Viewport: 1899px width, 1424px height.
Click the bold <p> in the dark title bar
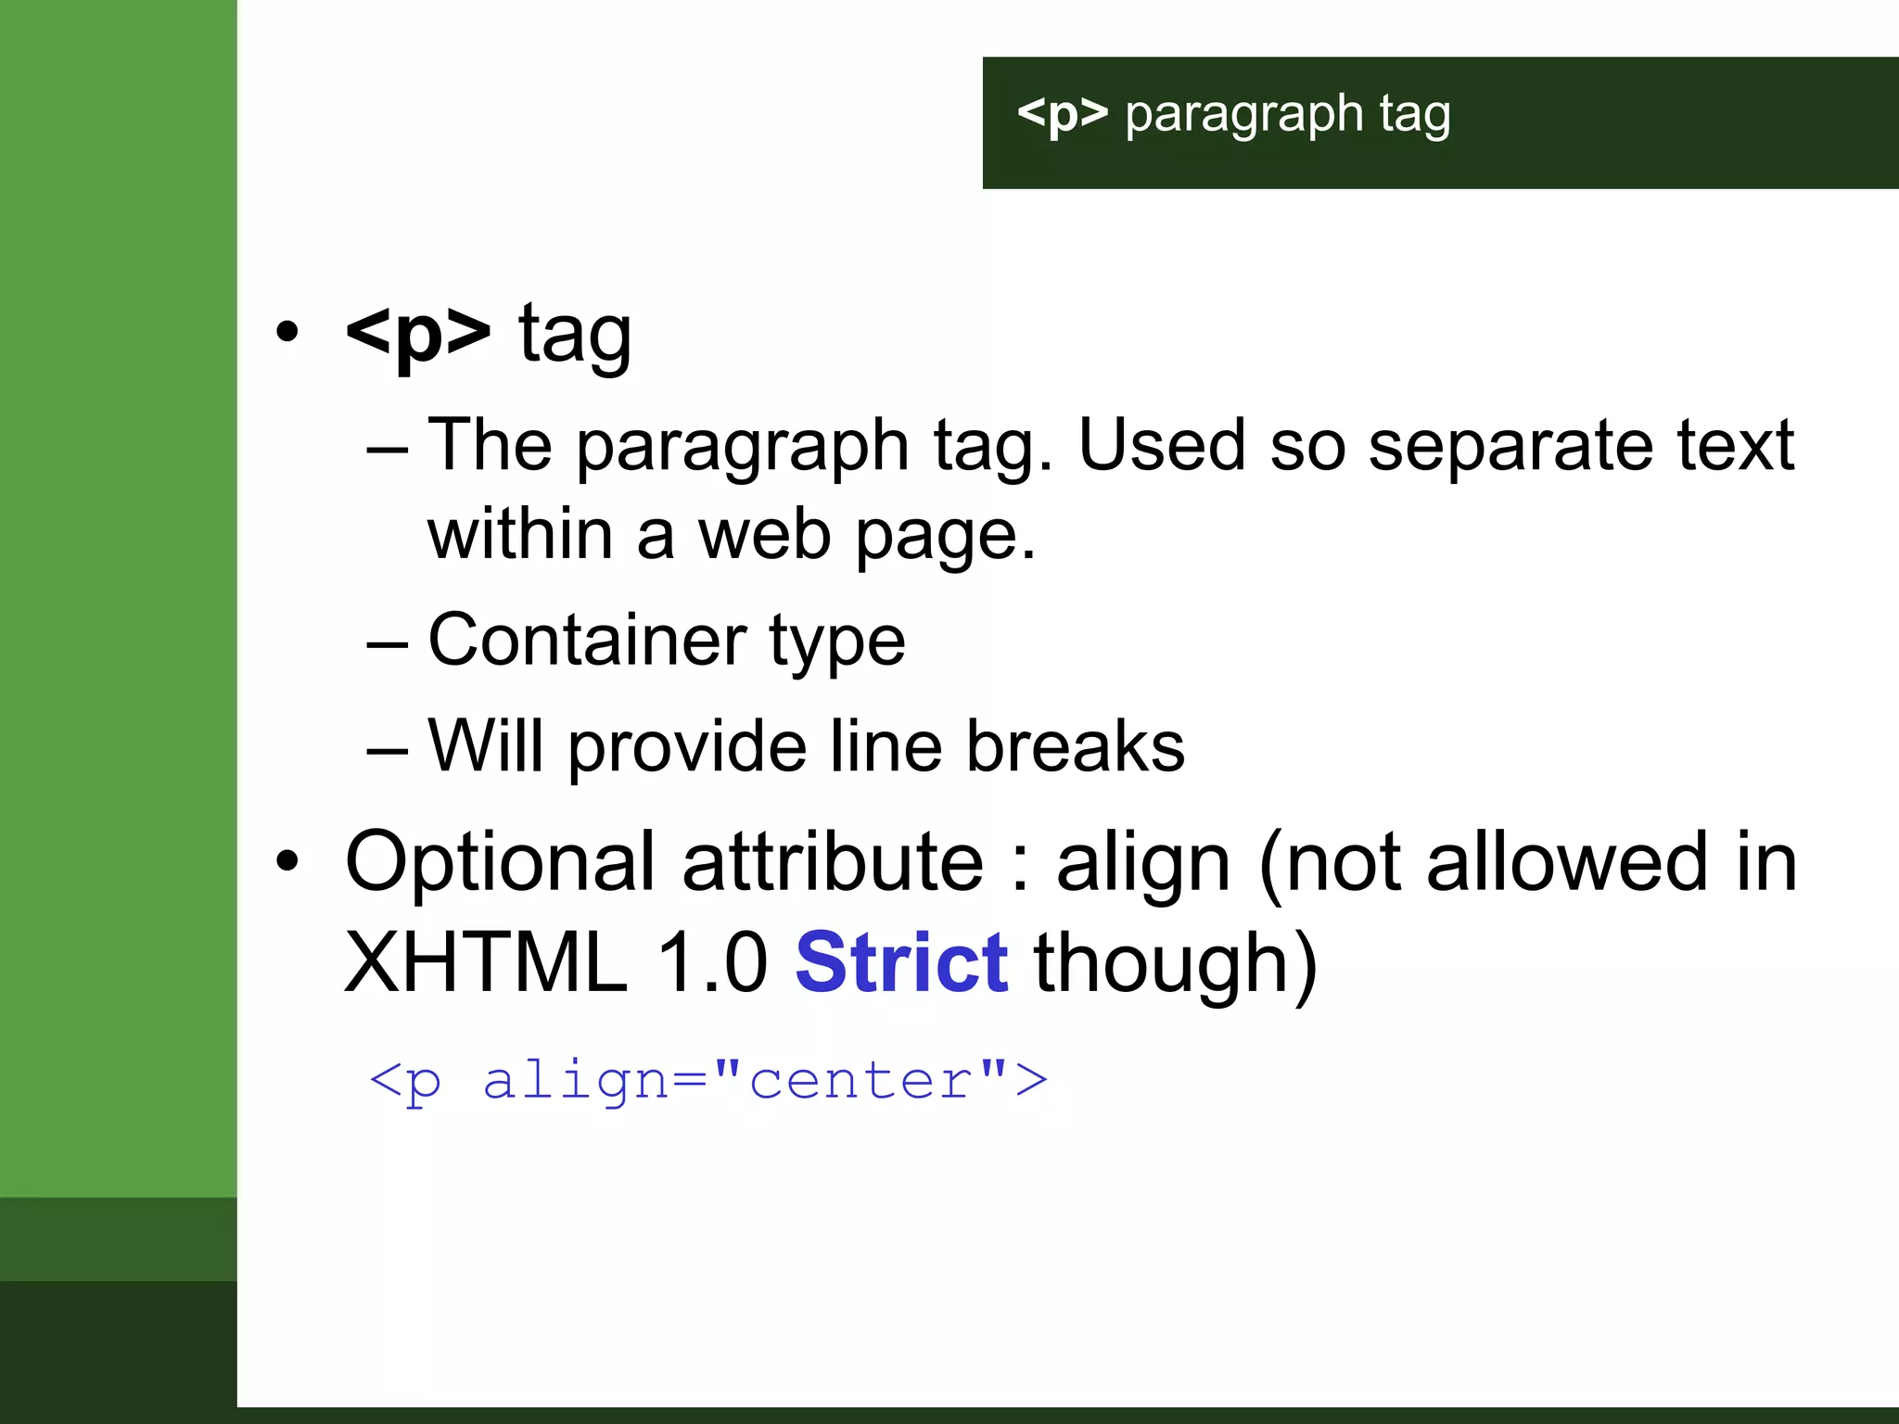point(1063,115)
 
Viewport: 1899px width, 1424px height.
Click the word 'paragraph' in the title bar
point(1243,115)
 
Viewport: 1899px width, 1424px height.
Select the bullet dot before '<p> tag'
point(287,332)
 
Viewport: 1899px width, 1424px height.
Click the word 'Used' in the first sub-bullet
point(1161,446)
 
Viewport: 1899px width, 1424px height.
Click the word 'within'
point(520,535)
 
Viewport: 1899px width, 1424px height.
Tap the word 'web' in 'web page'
point(764,535)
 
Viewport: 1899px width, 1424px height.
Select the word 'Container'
point(587,641)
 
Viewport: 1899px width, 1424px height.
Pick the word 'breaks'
point(1075,747)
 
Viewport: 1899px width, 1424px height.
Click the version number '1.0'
point(711,963)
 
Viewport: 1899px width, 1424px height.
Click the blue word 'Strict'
point(901,963)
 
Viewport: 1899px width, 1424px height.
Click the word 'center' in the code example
point(861,1081)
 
